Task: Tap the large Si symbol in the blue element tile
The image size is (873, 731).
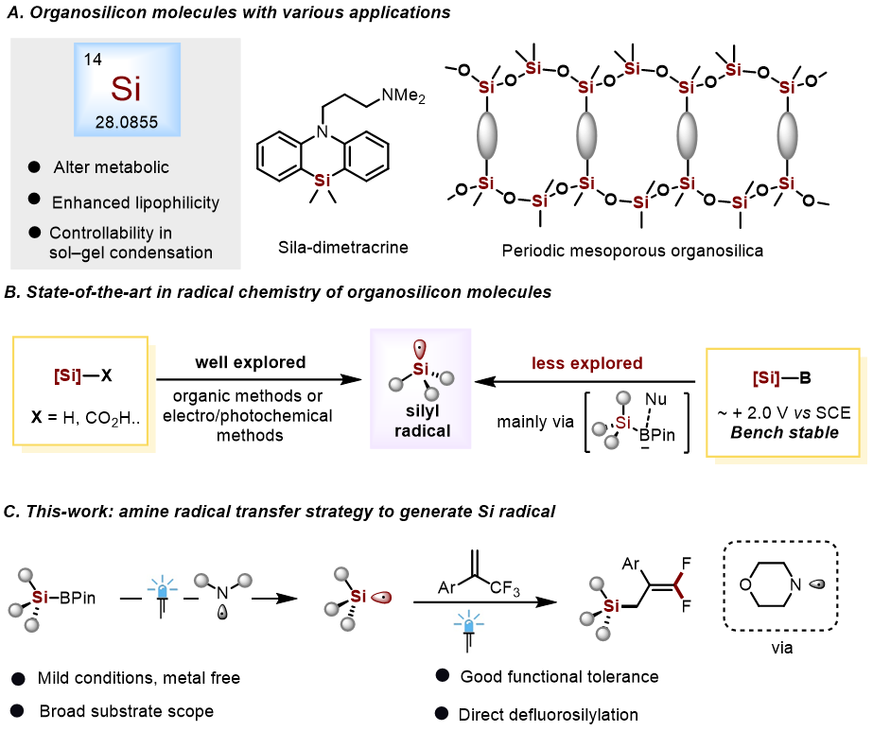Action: [126, 89]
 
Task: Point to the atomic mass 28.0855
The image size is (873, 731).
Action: [127, 122]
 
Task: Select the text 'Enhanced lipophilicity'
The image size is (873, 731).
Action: [135, 202]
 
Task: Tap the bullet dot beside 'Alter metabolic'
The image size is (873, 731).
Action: [34, 167]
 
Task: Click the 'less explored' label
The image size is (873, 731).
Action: [587, 364]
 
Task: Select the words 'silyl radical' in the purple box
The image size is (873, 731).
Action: [422, 421]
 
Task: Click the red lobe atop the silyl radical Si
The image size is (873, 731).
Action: [420, 348]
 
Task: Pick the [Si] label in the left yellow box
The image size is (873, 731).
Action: [67, 375]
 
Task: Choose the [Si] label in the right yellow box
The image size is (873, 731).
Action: [766, 378]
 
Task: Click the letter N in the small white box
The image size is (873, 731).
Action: [223, 593]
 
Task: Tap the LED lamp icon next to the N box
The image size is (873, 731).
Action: [163, 596]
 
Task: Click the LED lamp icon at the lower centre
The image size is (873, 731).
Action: [469, 630]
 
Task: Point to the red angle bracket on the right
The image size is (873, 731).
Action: [678, 585]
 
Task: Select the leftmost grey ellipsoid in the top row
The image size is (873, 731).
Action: [487, 135]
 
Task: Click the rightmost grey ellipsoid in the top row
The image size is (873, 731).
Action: [787, 135]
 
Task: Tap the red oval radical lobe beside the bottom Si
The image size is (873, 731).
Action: [381, 597]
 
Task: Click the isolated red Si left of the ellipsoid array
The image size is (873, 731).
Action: [323, 180]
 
